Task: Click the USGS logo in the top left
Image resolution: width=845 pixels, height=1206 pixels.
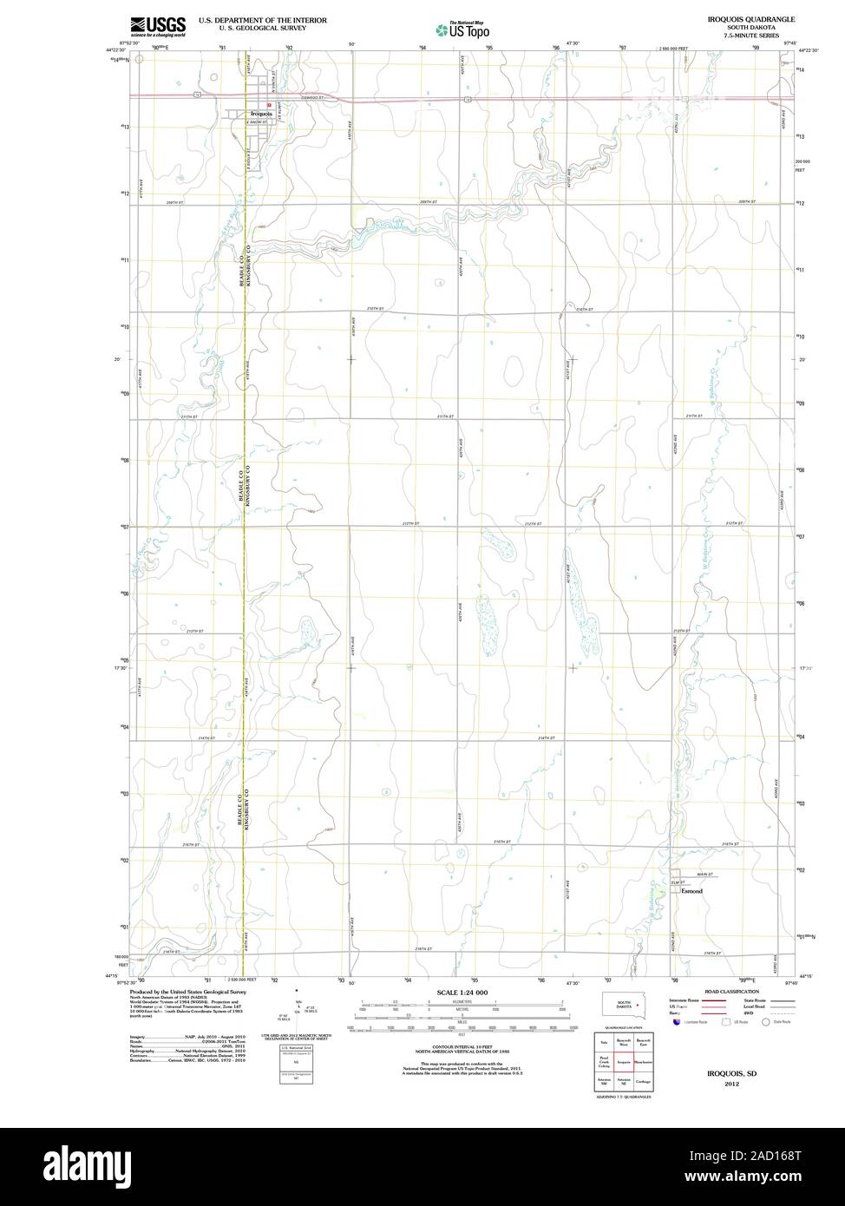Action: point(158,25)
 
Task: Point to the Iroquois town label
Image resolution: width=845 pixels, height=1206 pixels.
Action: point(261,115)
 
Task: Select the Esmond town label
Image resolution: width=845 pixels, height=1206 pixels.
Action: point(691,891)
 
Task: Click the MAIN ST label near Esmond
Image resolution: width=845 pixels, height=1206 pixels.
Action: point(705,875)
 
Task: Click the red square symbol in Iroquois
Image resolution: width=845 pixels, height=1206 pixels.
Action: point(270,105)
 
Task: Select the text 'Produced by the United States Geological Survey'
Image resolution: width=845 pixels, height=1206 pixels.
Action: point(188,992)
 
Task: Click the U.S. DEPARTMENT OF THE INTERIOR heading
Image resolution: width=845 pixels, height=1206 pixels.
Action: point(262,19)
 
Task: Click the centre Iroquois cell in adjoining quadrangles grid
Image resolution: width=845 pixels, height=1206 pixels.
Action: point(623,1061)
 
